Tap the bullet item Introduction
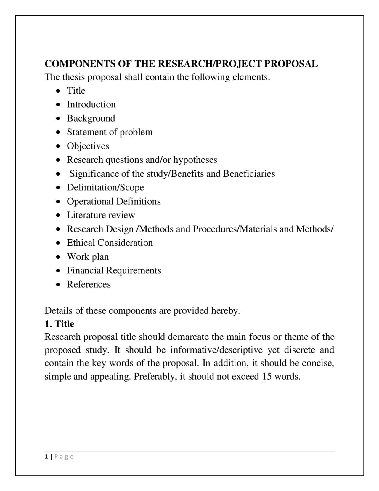[x=91, y=104]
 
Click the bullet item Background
[x=91, y=118]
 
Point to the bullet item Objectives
[x=88, y=146]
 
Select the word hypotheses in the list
[x=195, y=160]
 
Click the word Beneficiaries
[x=249, y=173]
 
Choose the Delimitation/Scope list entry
[x=105, y=187]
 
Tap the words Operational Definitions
[x=114, y=201]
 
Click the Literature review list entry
[x=101, y=215]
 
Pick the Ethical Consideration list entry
[x=110, y=243]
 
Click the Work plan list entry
[x=88, y=256]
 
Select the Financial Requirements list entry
[x=114, y=270]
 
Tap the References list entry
[x=89, y=284]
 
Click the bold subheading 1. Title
[x=59, y=324]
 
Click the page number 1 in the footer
[x=46, y=457]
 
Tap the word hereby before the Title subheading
[x=225, y=311]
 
